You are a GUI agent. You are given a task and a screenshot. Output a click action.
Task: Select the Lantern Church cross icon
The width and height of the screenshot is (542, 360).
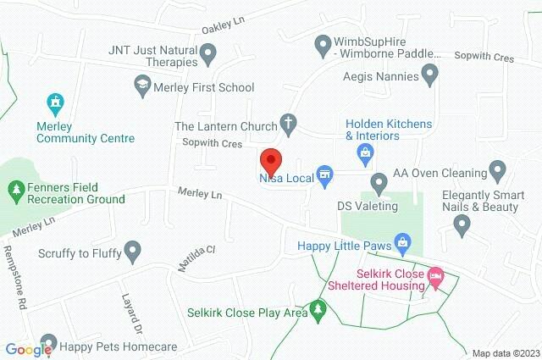288,124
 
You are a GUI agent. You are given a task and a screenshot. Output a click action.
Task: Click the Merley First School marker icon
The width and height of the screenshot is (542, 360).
142,86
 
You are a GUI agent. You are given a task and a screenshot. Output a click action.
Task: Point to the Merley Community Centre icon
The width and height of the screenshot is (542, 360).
56,104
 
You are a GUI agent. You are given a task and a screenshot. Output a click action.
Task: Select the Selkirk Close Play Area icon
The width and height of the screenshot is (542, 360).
318,310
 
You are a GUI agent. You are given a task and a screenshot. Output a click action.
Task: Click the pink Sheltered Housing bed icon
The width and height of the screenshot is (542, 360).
435,276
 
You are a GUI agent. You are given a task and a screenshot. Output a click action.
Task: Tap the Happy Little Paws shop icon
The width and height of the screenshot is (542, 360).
403,246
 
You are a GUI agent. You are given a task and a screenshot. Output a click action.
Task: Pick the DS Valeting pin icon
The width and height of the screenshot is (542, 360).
379,182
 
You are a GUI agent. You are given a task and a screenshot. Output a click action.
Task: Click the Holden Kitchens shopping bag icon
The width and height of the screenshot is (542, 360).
366,153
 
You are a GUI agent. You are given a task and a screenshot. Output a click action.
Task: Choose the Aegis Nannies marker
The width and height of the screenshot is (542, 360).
430,76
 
